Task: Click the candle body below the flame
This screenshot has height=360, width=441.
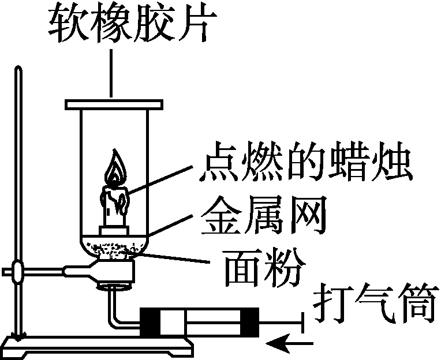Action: [x=114, y=208]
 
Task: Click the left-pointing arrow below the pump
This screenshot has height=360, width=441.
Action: [x=289, y=345]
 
